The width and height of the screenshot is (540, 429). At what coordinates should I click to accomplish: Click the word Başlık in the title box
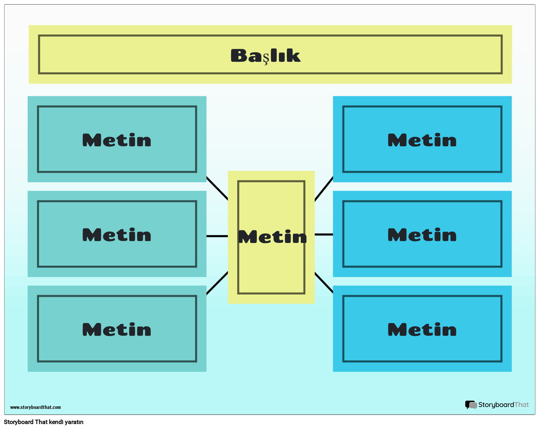point(265,56)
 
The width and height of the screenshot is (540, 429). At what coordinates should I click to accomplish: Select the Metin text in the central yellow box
point(272,237)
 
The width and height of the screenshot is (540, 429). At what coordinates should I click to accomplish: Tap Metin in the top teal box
point(117,140)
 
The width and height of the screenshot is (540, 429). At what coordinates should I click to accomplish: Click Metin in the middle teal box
point(117,235)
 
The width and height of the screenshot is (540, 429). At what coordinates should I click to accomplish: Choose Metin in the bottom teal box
point(117,330)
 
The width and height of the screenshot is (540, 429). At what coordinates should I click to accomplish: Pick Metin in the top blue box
point(422,140)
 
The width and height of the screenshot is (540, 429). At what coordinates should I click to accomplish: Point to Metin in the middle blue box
point(422,235)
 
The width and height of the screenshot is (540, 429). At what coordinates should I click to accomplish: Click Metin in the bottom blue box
point(422,330)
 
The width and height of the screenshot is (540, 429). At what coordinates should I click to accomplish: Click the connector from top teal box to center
point(217,188)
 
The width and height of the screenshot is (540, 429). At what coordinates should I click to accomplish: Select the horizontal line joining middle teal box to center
point(217,236)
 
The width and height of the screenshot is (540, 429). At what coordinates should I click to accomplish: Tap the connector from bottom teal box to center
point(217,283)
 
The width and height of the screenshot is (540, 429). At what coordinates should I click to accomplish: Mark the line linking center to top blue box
point(324,189)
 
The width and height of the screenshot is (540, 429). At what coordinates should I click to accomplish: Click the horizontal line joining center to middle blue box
point(324,235)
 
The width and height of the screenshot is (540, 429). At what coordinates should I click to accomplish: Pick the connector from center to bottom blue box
point(324,282)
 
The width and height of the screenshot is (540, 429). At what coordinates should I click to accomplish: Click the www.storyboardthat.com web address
point(35,407)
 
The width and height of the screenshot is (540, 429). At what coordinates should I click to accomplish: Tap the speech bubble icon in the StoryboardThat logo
point(471,405)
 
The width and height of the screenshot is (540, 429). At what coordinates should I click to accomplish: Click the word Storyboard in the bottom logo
point(496,405)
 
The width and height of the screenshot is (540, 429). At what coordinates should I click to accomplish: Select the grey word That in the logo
point(521,405)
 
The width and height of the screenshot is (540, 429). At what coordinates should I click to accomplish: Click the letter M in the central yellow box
point(248,237)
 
